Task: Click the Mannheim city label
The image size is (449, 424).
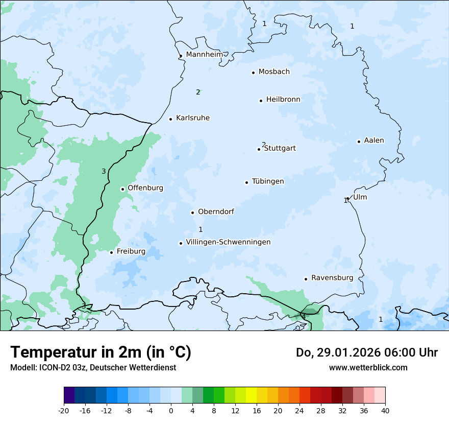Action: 204,54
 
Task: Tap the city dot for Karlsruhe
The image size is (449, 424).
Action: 171,119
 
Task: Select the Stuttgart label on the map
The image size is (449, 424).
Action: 280,149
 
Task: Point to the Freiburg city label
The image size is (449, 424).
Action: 131,251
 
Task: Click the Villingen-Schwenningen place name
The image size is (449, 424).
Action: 228,242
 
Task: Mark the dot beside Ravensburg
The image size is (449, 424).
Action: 306,279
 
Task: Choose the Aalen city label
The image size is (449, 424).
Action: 374,140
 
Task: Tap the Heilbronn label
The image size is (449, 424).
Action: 283,100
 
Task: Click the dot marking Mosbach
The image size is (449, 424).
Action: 253,73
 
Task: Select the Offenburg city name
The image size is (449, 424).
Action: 145,188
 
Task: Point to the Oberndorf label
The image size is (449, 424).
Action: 216,211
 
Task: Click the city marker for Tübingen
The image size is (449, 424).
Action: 247,182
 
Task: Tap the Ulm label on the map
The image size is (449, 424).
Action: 360,197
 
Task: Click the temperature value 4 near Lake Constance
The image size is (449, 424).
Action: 304,317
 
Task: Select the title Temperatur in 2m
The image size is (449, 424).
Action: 101,352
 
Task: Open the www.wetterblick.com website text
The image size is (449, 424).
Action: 368,367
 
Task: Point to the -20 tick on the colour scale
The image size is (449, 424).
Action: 64,410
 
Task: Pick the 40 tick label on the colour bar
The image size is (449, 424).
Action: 385,410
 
